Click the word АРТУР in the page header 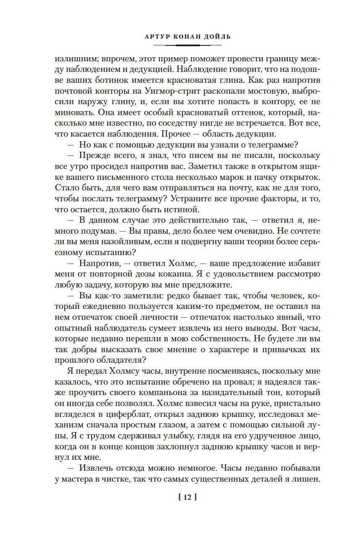(x=155, y=37)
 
